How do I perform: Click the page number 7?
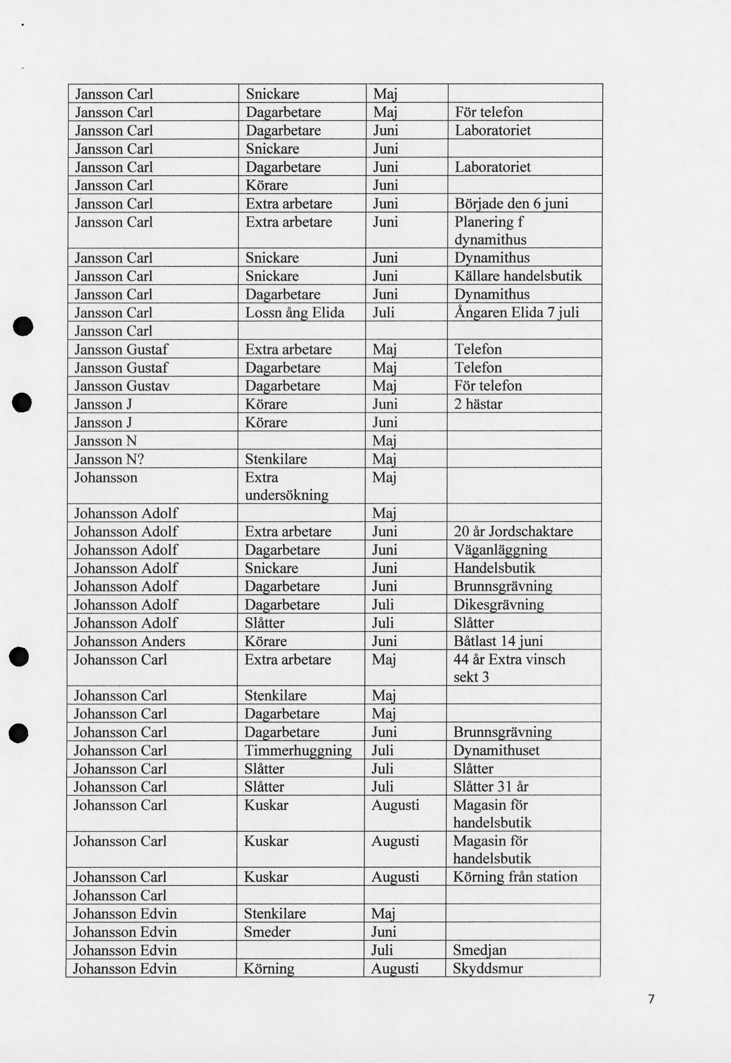point(651,999)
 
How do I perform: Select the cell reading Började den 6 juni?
point(511,203)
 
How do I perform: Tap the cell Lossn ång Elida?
point(295,313)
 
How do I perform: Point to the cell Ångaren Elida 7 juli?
point(517,313)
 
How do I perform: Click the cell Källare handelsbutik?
point(518,276)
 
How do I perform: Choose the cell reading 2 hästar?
point(478,404)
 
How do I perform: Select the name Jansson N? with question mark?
point(109,459)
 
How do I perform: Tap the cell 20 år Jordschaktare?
point(513,531)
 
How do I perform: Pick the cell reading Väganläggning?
point(500,550)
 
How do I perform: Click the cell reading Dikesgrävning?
point(498,605)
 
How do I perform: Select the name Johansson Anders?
point(129,642)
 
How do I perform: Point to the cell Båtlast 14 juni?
point(498,642)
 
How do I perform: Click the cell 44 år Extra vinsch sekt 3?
point(509,668)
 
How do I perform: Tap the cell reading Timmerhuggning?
point(298,751)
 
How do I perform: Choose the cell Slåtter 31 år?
point(491,787)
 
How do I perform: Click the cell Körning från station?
point(515,877)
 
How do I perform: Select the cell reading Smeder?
point(267,932)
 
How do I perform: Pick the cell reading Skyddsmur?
point(488,969)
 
